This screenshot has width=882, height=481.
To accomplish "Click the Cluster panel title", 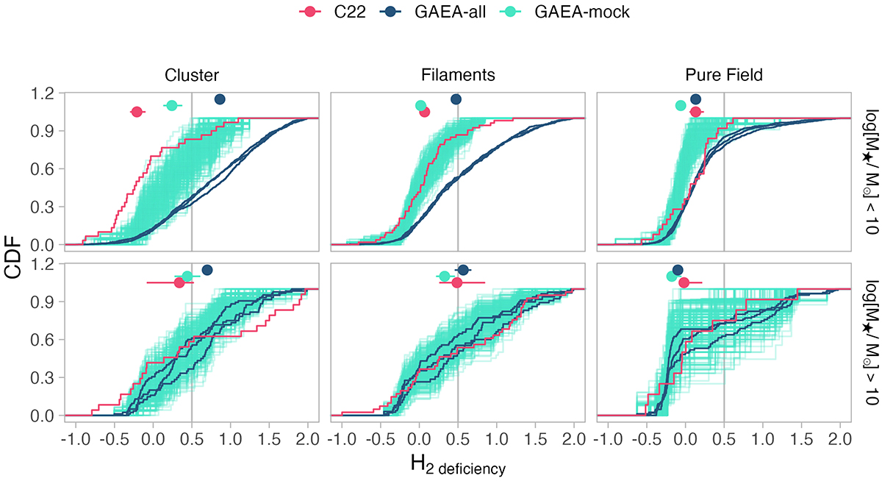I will [x=191, y=75].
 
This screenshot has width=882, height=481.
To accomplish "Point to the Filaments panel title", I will [x=458, y=75].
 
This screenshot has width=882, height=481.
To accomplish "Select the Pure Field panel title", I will [x=724, y=75].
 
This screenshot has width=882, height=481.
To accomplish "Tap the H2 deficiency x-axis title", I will [x=457, y=465].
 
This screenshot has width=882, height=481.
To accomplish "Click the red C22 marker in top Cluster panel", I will [x=137, y=112].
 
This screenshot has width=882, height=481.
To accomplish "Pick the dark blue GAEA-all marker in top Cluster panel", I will [x=219, y=99].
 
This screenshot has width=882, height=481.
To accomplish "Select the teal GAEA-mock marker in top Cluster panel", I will [x=171, y=105].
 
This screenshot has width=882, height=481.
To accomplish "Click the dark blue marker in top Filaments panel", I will [x=456, y=99].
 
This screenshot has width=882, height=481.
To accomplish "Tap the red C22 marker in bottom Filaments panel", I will [x=456, y=282].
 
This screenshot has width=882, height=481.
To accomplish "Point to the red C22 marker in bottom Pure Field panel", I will [x=684, y=282].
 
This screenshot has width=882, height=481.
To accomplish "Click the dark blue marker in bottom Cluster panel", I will [x=207, y=270].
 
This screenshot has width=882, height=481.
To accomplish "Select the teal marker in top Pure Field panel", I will [x=681, y=105].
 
